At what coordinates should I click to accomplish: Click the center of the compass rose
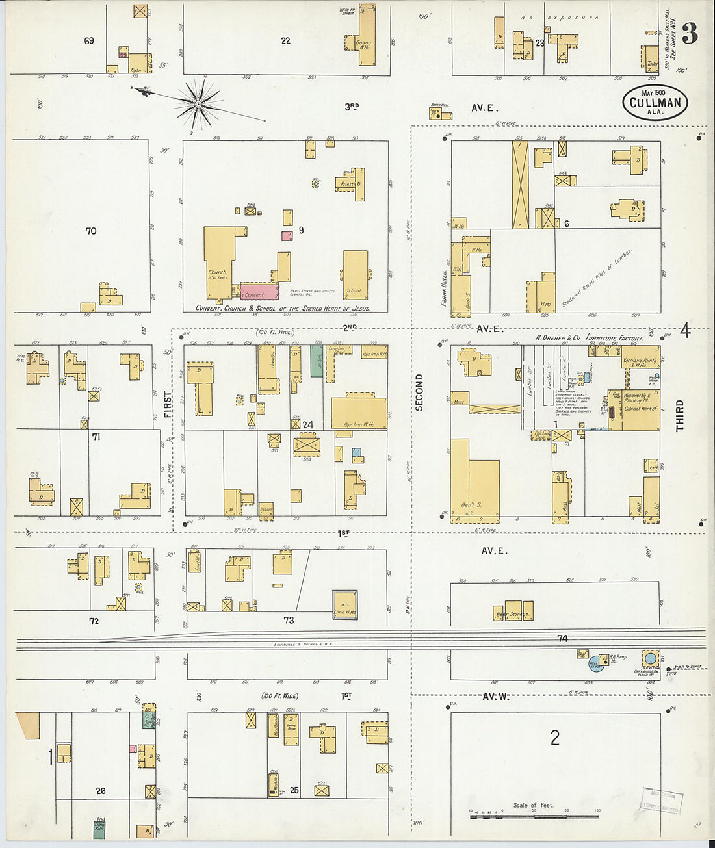click(x=197, y=104)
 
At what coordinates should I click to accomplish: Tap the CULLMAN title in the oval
click(x=655, y=103)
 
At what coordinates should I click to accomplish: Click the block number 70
click(x=91, y=231)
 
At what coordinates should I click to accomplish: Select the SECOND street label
click(x=419, y=392)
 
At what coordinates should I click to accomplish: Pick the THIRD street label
click(x=680, y=416)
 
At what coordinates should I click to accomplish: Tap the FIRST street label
click(x=168, y=407)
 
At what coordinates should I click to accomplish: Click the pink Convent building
click(x=259, y=291)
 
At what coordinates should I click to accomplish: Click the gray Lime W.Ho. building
click(x=344, y=604)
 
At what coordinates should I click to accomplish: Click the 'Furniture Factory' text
click(x=614, y=338)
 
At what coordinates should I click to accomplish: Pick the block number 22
click(x=285, y=41)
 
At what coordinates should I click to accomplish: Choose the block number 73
click(x=289, y=620)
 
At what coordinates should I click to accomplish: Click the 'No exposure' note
click(x=560, y=18)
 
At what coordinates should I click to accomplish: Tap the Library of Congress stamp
click(x=662, y=801)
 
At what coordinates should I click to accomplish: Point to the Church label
click(x=217, y=272)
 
